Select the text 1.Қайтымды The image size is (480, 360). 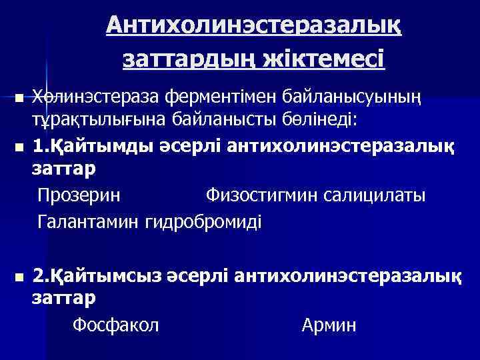(85, 145)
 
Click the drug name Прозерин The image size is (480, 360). (79, 196)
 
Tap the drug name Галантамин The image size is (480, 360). (89, 221)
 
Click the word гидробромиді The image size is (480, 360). (204, 221)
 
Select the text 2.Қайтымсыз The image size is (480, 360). (88, 275)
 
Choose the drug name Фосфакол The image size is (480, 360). (115, 325)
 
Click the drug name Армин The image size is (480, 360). (329, 325)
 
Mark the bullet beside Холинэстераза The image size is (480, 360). (19, 99)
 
